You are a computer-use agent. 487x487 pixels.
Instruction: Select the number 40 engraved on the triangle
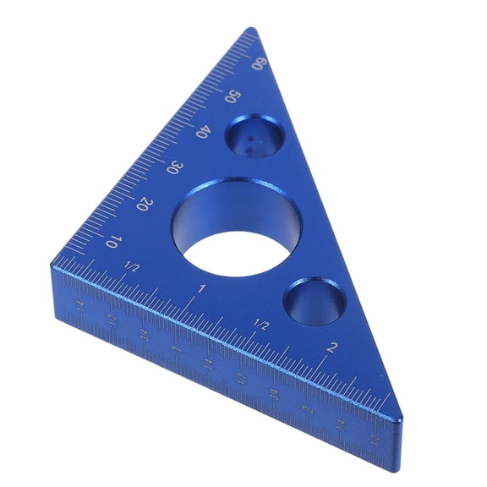(204, 133)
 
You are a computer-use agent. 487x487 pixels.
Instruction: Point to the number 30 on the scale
(175, 167)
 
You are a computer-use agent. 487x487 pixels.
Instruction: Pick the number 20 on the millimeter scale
(144, 204)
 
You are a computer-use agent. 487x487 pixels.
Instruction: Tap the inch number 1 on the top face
(202, 290)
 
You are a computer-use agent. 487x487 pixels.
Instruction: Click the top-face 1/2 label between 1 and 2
(261, 325)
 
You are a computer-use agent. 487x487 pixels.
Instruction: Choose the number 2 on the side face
(307, 408)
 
